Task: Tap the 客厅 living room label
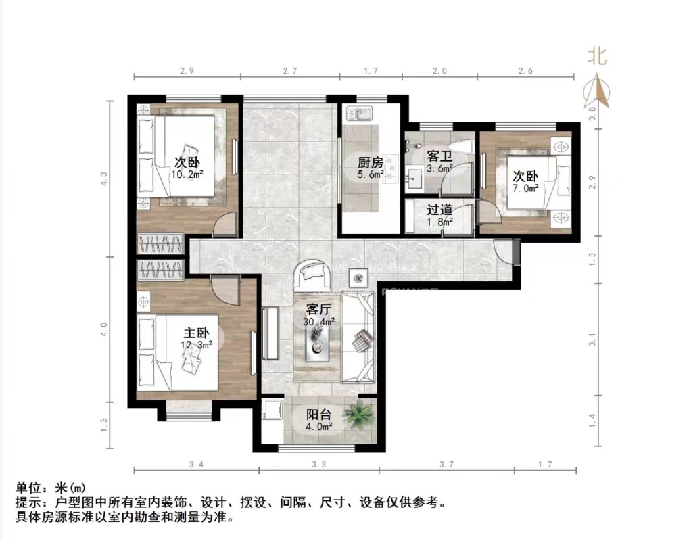click(x=318, y=310)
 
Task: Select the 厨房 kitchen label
click(x=371, y=163)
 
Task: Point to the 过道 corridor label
click(x=439, y=209)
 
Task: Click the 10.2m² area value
click(x=187, y=174)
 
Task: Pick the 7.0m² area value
click(x=525, y=188)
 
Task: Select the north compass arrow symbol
click(x=596, y=93)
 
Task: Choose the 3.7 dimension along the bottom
click(x=450, y=464)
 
